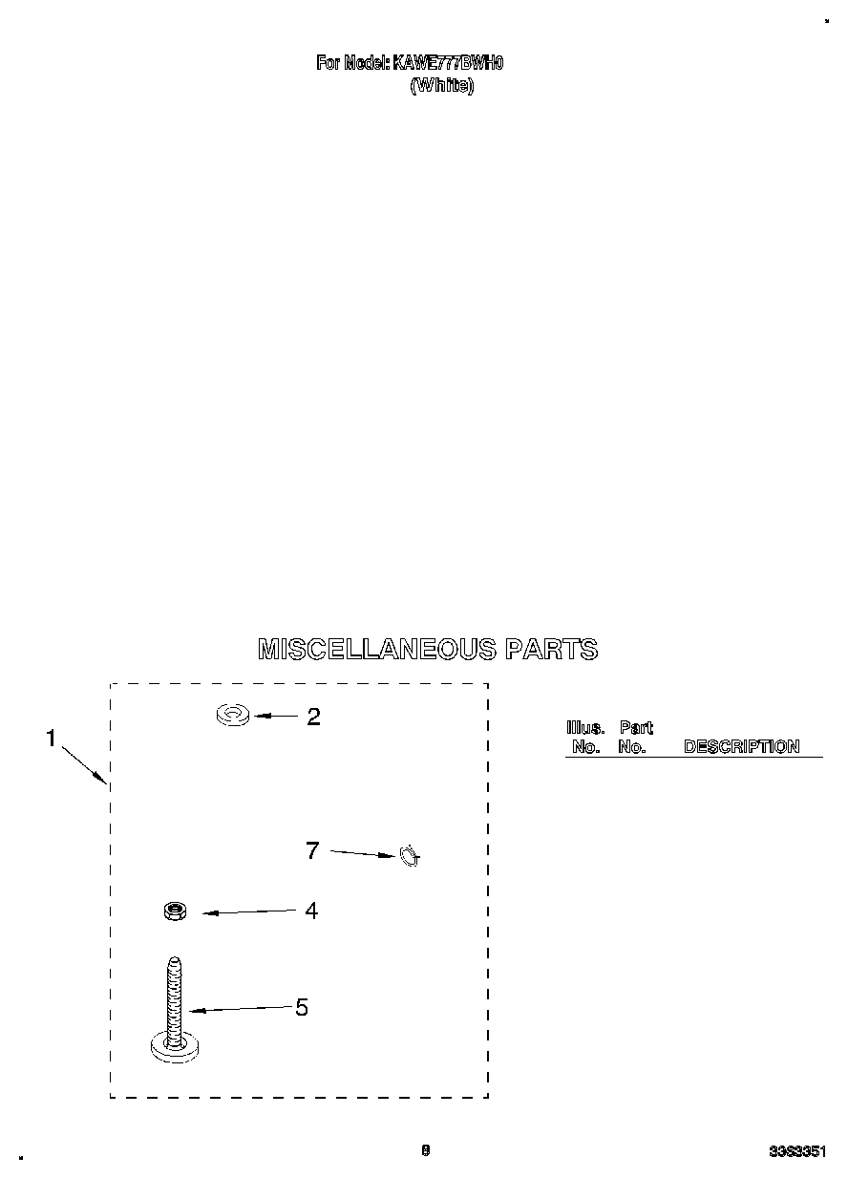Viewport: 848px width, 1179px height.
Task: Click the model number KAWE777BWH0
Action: point(448,63)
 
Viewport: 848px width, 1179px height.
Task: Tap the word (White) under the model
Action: point(441,86)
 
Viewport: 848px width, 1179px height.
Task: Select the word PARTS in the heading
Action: point(551,650)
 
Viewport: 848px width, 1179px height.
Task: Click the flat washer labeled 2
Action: point(233,714)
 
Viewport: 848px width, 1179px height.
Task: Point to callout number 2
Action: point(313,717)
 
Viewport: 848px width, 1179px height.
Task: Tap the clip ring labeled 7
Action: point(409,856)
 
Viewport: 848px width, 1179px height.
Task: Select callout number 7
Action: point(311,850)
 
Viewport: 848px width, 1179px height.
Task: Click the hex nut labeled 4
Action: point(174,911)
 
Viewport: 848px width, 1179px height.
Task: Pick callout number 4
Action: point(311,911)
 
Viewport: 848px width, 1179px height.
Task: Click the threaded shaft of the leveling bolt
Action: point(174,998)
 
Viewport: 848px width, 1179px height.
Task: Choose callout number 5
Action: point(302,1007)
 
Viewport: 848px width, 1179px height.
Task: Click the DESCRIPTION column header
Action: point(741,747)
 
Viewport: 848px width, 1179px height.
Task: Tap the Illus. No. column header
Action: point(585,738)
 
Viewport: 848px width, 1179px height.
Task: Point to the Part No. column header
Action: point(634,738)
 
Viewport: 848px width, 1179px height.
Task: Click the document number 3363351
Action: point(796,1152)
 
